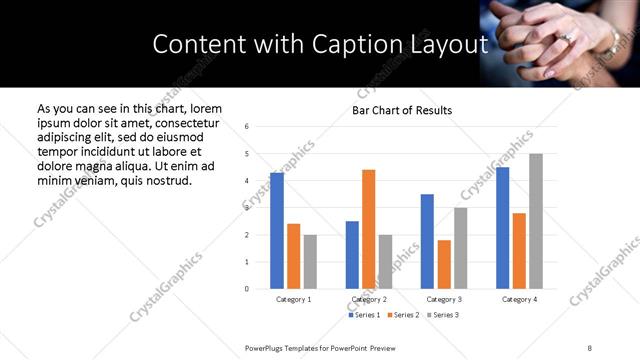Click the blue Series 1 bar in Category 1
(x=277, y=231)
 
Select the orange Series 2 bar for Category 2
(x=368, y=229)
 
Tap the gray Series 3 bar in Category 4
(x=536, y=221)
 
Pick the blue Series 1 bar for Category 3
(x=427, y=241)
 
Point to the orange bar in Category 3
(x=444, y=264)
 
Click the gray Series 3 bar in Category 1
(x=310, y=262)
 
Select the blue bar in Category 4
(x=502, y=228)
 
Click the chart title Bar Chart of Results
(x=402, y=110)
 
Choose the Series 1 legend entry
(x=364, y=315)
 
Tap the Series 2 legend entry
(x=402, y=315)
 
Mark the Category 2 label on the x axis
(x=368, y=299)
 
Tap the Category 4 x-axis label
(x=519, y=299)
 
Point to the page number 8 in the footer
(x=589, y=347)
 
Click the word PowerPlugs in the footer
(x=266, y=347)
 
